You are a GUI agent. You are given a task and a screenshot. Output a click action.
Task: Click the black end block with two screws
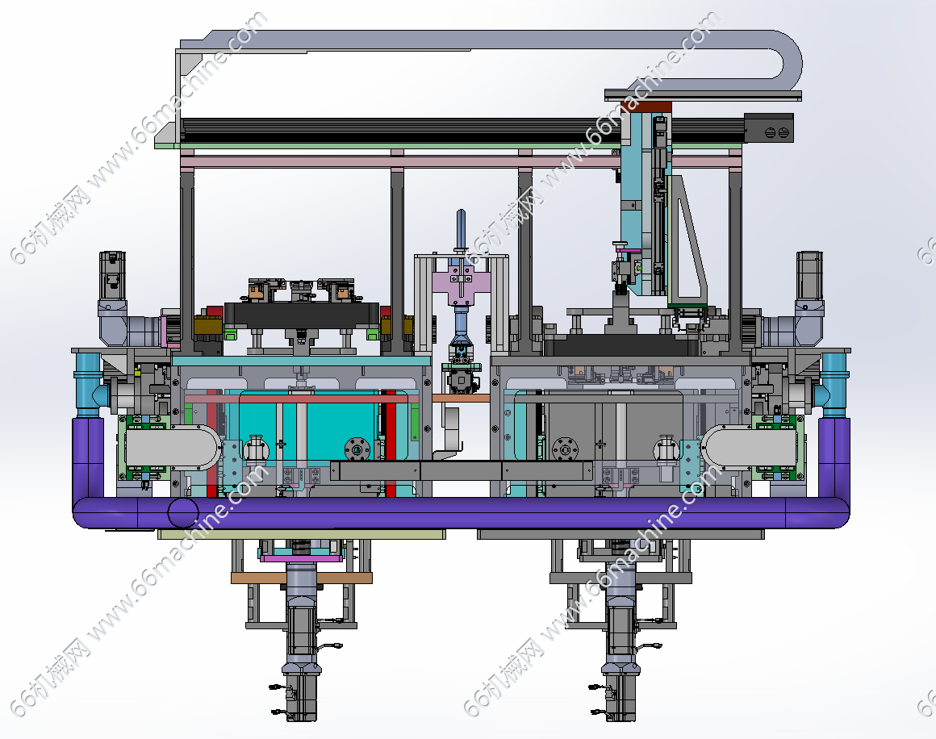click(769, 127)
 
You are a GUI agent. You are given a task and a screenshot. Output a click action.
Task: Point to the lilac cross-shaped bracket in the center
click(461, 281)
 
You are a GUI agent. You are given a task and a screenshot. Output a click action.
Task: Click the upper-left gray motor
click(112, 276)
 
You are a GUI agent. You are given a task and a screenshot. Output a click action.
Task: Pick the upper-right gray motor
click(809, 276)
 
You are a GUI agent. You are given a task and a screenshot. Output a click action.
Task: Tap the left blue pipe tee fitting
click(89, 385)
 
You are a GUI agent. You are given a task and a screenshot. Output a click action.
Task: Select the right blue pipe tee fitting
click(834, 385)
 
